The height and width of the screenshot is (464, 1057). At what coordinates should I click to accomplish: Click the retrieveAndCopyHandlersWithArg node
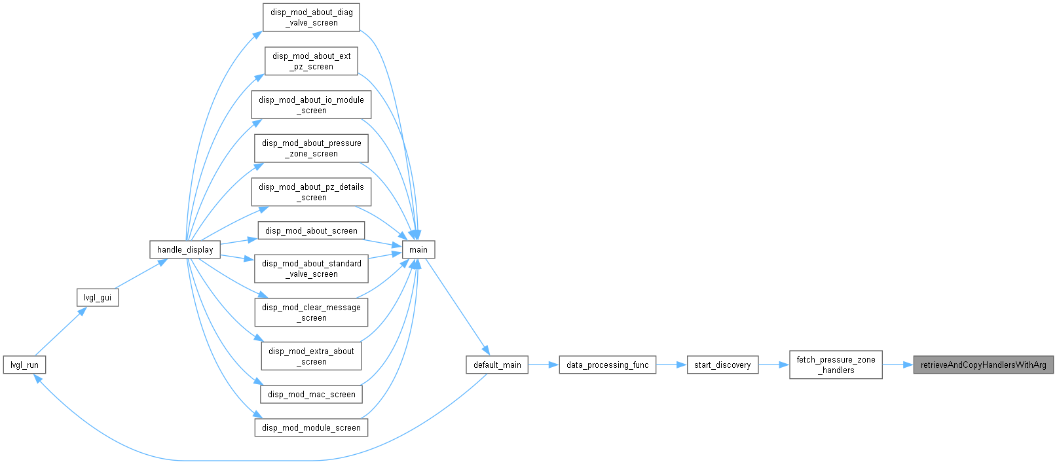(x=984, y=365)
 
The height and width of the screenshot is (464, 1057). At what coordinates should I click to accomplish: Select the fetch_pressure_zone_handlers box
(x=836, y=365)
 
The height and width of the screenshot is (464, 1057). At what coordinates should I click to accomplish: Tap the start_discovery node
(x=722, y=365)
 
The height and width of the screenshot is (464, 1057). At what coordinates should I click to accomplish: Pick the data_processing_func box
(x=607, y=365)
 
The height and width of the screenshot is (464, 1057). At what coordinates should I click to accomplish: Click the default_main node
(x=497, y=365)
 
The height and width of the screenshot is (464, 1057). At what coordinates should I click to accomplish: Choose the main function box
(x=418, y=249)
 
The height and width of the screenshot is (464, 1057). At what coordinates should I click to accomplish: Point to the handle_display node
(x=185, y=249)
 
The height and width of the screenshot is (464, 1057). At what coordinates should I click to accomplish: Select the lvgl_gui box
(x=98, y=298)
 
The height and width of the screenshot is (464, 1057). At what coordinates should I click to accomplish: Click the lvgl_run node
(x=24, y=365)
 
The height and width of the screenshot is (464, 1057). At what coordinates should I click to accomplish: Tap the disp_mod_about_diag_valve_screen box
(x=312, y=18)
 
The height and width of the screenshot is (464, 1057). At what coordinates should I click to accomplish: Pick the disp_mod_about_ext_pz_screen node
(x=312, y=61)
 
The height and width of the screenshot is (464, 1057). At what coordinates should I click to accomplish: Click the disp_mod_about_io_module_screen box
(x=312, y=105)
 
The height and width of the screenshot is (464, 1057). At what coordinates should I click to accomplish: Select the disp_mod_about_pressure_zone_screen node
(x=312, y=148)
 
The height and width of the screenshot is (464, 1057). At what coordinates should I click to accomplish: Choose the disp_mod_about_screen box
(x=312, y=230)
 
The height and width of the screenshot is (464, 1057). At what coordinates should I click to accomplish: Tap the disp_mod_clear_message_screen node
(x=312, y=312)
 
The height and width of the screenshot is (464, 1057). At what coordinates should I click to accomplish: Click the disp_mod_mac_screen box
(x=312, y=394)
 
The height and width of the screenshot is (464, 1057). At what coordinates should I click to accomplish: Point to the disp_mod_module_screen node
(x=312, y=427)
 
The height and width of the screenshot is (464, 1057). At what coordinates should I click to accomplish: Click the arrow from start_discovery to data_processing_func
(x=671, y=365)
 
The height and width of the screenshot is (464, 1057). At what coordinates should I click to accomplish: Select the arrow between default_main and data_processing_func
(x=544, y=365)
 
